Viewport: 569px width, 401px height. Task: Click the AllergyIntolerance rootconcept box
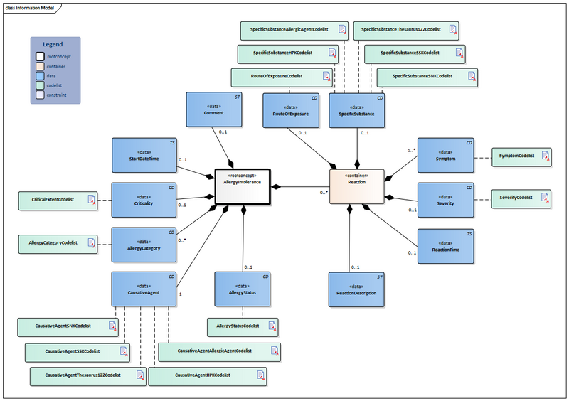point(242,187)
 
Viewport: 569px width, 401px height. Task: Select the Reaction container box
point(357,187)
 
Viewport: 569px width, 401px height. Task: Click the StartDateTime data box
point(144,155)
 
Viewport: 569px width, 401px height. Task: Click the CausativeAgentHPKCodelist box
point(207,375)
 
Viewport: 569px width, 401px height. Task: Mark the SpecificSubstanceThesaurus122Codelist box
point(406,30)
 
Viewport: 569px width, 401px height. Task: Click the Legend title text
point(55,44)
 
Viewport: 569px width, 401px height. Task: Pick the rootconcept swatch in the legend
point(41,55)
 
